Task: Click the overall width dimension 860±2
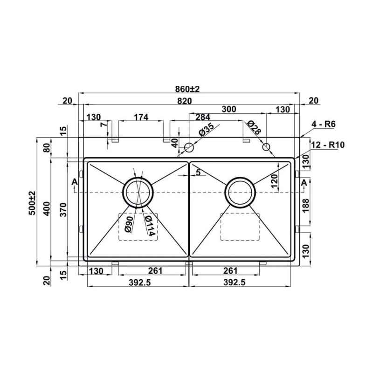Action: pos(187,89)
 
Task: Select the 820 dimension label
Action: pos(184,101)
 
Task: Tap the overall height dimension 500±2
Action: pos(32,203)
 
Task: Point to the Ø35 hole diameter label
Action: pos(207,130)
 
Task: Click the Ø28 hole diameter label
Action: pos(254,127)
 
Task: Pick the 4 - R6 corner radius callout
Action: pos(323,124)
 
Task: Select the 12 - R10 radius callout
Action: pos(328,145)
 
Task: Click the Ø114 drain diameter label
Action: pos(150,226)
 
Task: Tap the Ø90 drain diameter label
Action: pos(129,224)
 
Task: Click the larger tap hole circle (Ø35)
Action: pos(189,147)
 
